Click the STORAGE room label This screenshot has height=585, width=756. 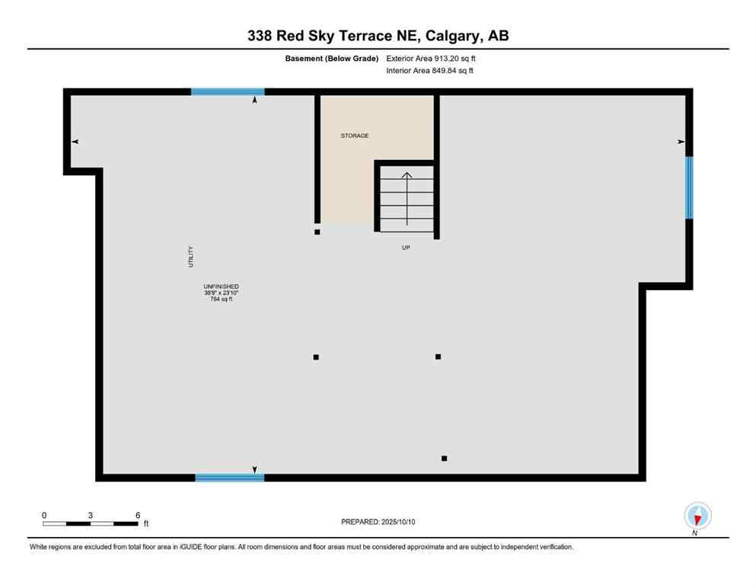tap(354, 136)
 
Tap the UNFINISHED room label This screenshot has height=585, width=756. tap(221, 286)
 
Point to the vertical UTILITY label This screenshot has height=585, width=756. tap(191, 256)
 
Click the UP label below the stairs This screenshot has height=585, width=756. tap(406, 248)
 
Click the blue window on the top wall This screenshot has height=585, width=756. tap(227, 91)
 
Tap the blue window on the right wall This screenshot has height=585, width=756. tap(689, 187)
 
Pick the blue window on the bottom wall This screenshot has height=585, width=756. tap(229, 478)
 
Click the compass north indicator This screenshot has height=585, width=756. tap(697, 516)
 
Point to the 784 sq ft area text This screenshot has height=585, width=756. tap(221, 299)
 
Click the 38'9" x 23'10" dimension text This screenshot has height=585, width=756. tap(221, 293)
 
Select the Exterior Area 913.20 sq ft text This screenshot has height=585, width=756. tap(435, 58)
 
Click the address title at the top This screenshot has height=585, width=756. tap(378, 35)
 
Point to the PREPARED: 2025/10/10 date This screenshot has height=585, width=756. tap(378, 522)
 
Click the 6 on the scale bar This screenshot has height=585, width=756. tap(138, 515)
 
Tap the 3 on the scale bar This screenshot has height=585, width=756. tap(91, 515)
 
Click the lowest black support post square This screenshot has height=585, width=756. tap(444, 459)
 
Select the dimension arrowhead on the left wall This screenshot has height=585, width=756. tap(75, 142)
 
